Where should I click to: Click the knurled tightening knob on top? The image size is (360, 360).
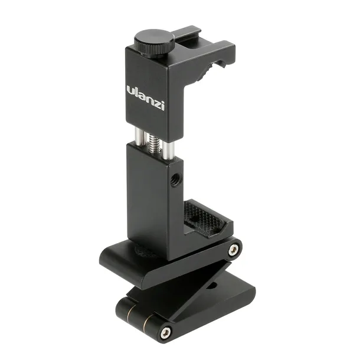(153, 42)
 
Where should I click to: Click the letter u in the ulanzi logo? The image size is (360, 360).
(130, 92)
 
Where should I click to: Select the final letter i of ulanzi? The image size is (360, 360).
(163, 106)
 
